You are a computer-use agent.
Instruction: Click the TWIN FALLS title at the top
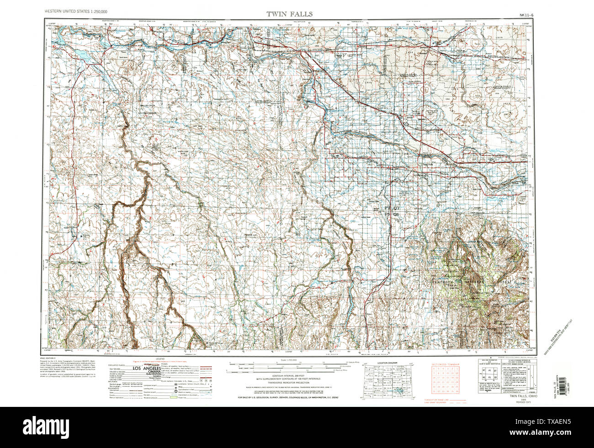(x=290, y=14)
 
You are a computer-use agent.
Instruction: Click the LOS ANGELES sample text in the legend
(x=146, y=368)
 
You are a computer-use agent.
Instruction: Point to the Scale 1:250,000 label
(x=288, y=361)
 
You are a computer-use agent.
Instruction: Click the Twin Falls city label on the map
(x=427, y=165)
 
